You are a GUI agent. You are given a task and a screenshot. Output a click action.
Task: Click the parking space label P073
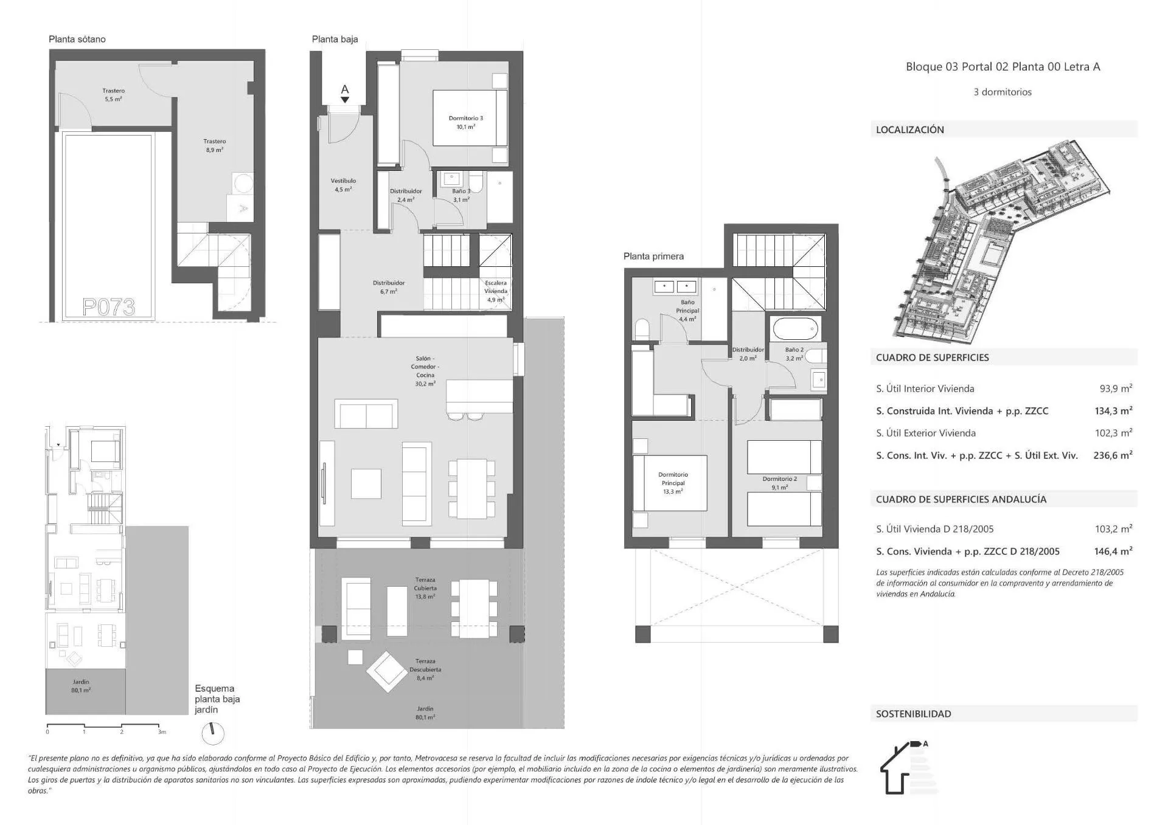pyautogui.click(x=108, y=307)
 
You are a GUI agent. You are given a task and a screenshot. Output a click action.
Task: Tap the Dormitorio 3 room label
pyautogui.click(x=465, y=122)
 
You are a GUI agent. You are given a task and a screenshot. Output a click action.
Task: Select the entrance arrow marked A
pyautogui.click(x=345, y=94)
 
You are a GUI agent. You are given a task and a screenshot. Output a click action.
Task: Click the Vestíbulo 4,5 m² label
pyautogui.click(x=343, y=185)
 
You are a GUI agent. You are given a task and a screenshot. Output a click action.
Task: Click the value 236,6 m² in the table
pyautogui.click(x=1112, y=455)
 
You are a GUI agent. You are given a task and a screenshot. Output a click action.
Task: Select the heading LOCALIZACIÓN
pyautogui.click(x=909, y=129)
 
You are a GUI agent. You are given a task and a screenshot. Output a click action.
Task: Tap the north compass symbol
pyautogui.click(x=212, y=733)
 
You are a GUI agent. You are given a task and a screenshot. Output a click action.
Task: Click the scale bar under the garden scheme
pyautogui.click(x=103, y=727)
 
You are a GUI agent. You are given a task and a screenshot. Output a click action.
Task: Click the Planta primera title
pyautogui.click(x=653, y=256)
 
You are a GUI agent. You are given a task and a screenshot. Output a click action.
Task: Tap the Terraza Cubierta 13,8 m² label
pyautogui.click(x=425, y=588)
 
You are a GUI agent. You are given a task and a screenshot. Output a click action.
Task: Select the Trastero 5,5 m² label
pyautogui.click(x=113, y=95)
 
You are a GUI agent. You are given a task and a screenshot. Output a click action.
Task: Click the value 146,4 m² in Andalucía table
pyautogui.click(x=1113, y=551)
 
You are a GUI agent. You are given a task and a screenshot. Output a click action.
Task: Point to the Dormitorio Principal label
pyautogui.click(x=672, y=483)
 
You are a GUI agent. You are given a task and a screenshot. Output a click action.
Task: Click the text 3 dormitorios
pyautogui.click(x=1002, y=92)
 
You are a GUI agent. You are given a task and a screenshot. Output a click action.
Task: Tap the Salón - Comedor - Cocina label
pyautogui.click(x=425, y=371)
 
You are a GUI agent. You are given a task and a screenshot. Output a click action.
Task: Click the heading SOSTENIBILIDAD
pyautogui.click(x=913, y=714)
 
